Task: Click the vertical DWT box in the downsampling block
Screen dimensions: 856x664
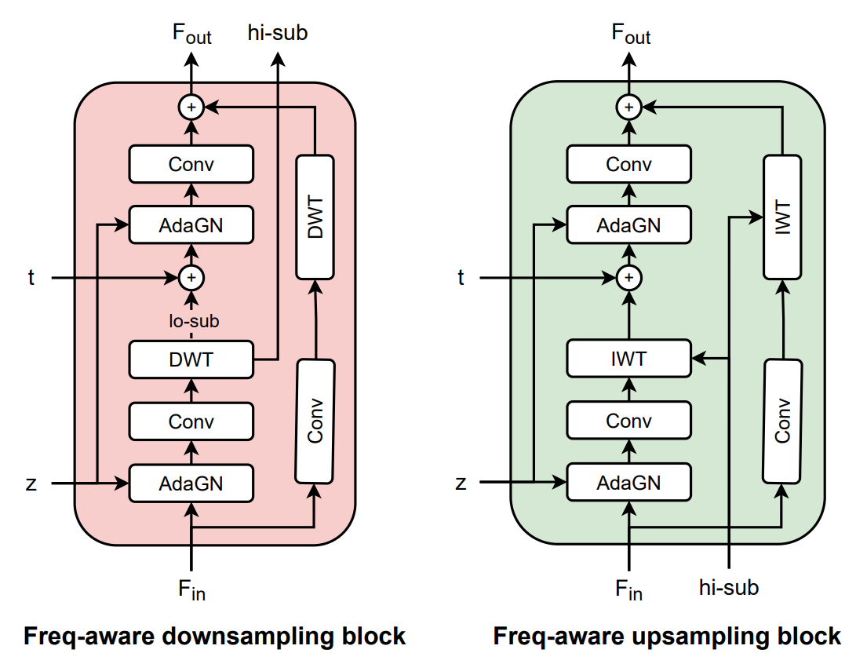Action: click(315, 217)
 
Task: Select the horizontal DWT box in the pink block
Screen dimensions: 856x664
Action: click(191, 359)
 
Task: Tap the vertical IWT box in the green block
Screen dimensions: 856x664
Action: click(782, 217)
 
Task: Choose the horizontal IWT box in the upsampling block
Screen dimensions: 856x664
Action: click(629, 358)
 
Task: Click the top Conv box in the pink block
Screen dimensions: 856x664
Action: click(191, 164)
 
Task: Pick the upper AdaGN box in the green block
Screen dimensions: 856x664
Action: click(629, 224)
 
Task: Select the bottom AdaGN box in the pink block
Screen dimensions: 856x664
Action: click(191, 483)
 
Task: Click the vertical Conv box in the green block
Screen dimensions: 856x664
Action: click(782, 421)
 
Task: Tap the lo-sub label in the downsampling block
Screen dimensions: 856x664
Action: click(194, 320)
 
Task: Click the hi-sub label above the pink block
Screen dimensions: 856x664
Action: click(278, 32)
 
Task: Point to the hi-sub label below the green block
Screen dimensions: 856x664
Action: click(729, 587)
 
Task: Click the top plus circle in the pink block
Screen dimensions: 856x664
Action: click(191, 107)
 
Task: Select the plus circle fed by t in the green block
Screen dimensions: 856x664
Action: click(629, 277)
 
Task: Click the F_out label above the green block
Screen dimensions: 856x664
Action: click(631, 34)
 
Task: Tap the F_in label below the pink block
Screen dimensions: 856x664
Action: click(191, 589)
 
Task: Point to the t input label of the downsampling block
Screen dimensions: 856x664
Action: click(31, 277)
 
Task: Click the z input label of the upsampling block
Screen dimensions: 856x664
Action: click(461, 483)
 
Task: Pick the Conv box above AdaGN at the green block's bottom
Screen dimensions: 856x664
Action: click(629, 421)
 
